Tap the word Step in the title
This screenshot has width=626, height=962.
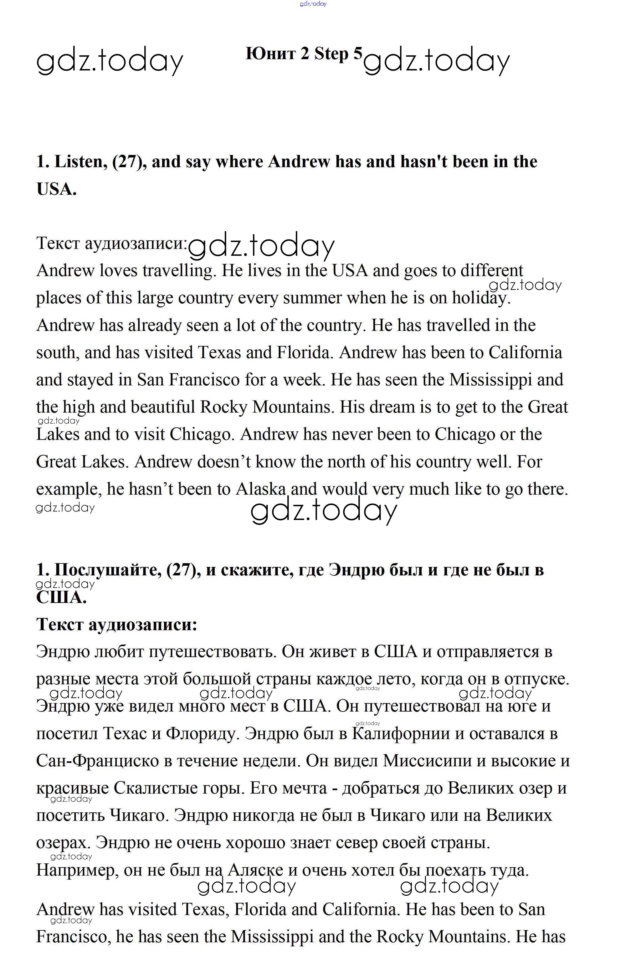(x=331, y=54)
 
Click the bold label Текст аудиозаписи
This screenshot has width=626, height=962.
(x=116, y=625)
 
